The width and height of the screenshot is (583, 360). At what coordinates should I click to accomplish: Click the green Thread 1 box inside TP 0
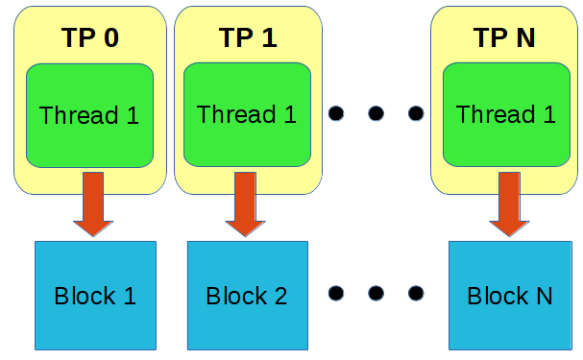pos(89,115)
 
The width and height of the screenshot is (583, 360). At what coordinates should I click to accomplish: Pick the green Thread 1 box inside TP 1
pos(247,115)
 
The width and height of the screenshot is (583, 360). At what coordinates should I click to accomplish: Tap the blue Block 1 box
pos(95,295)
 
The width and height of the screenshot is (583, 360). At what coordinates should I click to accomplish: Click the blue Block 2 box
pos(248,295)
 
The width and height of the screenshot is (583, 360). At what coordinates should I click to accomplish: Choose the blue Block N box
pos(509,295)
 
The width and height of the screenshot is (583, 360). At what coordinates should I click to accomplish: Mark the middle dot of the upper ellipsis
pos(376,114)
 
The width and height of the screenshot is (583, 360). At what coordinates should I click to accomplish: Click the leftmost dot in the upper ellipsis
pos(335,114)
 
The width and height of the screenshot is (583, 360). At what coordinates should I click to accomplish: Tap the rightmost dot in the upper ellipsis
pos(416,114)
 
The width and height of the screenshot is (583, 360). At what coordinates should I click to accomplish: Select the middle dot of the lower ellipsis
pos(376,293)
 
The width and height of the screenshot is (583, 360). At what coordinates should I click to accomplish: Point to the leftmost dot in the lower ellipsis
pos(335,293)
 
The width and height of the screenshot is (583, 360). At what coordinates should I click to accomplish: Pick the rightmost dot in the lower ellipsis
pos(416,293)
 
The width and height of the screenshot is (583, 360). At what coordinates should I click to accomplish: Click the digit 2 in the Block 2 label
pos(279,296)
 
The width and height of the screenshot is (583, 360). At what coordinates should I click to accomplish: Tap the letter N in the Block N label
pos(543,296)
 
